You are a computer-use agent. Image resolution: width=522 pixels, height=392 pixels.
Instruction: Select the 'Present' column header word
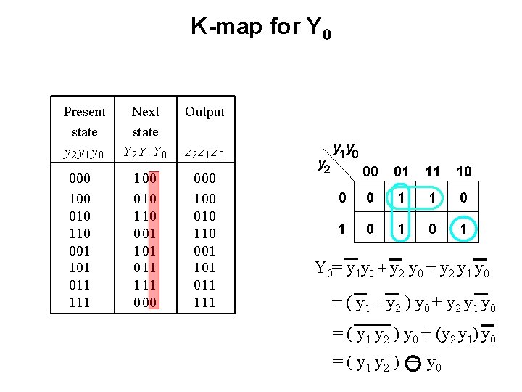coord(85,112)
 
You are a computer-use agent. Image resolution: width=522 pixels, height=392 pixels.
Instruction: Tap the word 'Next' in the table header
coord(145,112)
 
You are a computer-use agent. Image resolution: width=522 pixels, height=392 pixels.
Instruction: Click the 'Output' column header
coord(205,112)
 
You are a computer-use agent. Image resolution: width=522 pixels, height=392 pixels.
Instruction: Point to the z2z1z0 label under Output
coord(205,153)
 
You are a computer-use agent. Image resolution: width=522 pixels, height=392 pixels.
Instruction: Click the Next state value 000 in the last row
coord(145,302)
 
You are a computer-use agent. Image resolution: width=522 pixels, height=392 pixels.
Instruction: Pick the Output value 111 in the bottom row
coord(205,302)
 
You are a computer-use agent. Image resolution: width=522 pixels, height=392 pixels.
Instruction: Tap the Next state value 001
coord(145,232)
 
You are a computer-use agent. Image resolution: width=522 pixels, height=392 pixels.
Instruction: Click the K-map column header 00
coord(370,171)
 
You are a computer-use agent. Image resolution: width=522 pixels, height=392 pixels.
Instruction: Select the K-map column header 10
coord(464,171)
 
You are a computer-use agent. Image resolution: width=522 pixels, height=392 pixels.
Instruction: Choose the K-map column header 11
coord(433,171)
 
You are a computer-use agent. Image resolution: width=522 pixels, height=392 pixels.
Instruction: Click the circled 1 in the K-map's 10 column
coord(464,229)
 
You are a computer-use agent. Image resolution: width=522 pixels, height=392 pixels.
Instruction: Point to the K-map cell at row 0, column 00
coord(370,197)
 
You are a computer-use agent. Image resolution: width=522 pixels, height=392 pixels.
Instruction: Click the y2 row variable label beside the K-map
coord(325,165)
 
